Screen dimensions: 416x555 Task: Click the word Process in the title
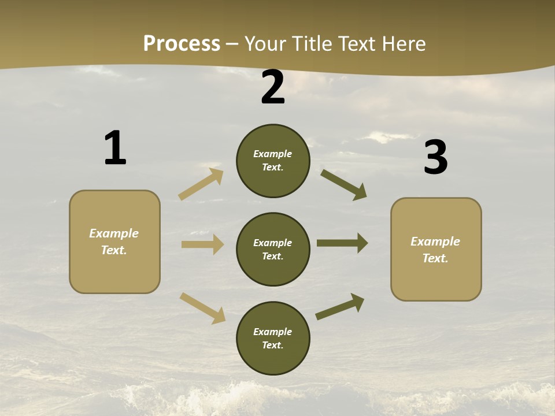(x=182, y=44)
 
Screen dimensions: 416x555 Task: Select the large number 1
(x=115, y=148)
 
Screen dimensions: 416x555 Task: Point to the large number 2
(x=273, y=87)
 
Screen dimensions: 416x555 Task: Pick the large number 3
(x=435, y=158)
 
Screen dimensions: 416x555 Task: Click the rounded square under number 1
(x=114, y=242)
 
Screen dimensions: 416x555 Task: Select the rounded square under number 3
(x=436, y=250)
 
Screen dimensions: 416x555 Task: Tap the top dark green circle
(x=273, y=161)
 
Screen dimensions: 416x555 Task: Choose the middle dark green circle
(x=273, y=250)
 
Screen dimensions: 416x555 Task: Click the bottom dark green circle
(x=273, y=339)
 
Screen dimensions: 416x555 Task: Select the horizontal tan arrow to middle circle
(x=202, y=244)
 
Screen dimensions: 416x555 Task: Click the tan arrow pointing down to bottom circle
(x=202, y=307)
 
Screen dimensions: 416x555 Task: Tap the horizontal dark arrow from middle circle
(x=342, y=243)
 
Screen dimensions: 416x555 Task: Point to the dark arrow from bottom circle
(x=340, y=306)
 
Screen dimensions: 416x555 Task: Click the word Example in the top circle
(x=273, y=154)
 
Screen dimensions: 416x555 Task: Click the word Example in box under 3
(x=435, y=242)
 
